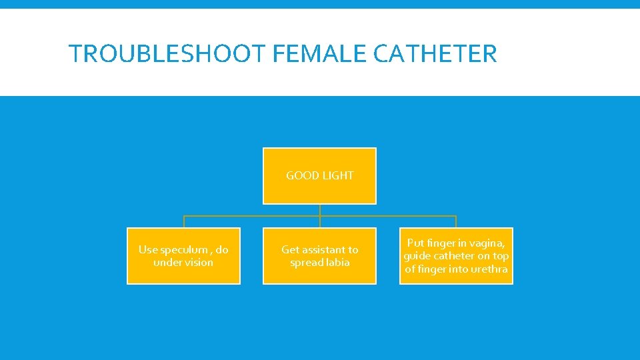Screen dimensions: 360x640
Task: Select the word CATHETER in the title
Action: (435, 53)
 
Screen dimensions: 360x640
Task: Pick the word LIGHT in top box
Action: (337, 175)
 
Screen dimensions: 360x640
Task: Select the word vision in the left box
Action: (198, 262)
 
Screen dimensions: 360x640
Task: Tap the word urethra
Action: (489, 269)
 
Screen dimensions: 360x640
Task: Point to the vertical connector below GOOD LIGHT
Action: (320, 210)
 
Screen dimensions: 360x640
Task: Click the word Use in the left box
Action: (148, 249)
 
